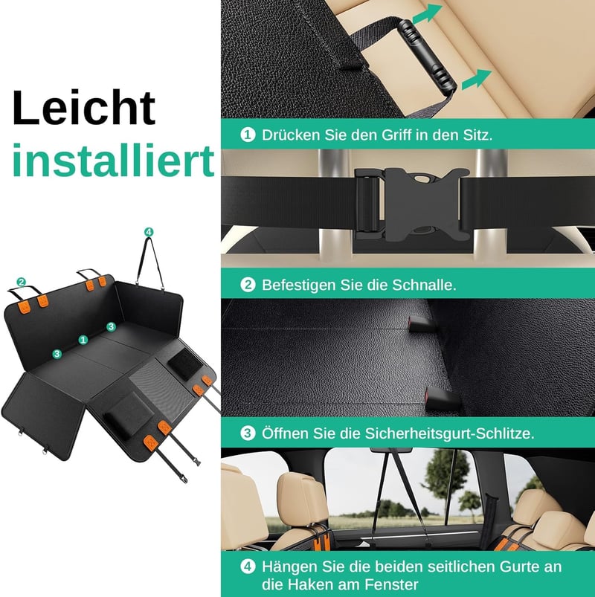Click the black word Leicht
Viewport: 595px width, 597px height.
(x=84, y=107)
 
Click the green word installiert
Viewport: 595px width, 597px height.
(x=114, y=160)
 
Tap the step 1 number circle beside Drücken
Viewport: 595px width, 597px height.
(x=248, y=135)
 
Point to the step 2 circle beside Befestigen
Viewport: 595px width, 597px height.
(x=248, y=285)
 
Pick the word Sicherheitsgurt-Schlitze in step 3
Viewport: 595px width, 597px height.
(x=449, y=433)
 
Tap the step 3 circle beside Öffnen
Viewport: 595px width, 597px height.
(x=248, y=433)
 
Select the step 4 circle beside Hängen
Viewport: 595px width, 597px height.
(x=248, y=567)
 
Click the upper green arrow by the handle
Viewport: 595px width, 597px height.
(x=428, y=14)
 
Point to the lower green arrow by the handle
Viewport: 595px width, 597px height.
(x=476, y=80)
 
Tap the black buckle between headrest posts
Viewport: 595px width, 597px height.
(x=413, y=203)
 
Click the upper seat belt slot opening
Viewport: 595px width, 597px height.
(x=418, y=323)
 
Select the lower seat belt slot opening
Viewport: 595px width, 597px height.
(x=442, y=398)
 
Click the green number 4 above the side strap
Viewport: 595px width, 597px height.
(x=149, y=232)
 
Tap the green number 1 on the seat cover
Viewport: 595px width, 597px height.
(x=83, y=340)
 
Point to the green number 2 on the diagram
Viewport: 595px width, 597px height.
(x=22, y=282)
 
